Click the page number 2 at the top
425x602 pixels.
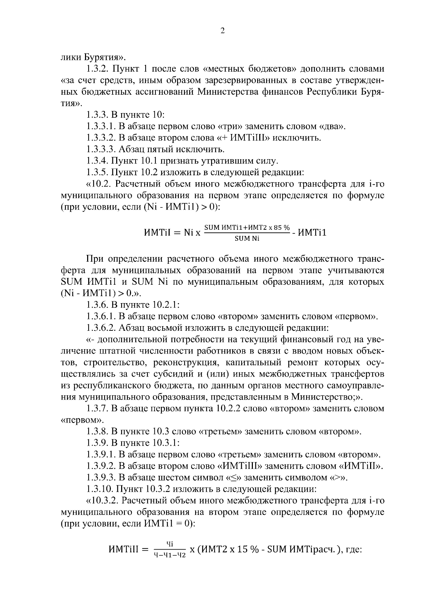[x=222, y=31]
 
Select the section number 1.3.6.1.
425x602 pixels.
[x=101, y=316]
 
